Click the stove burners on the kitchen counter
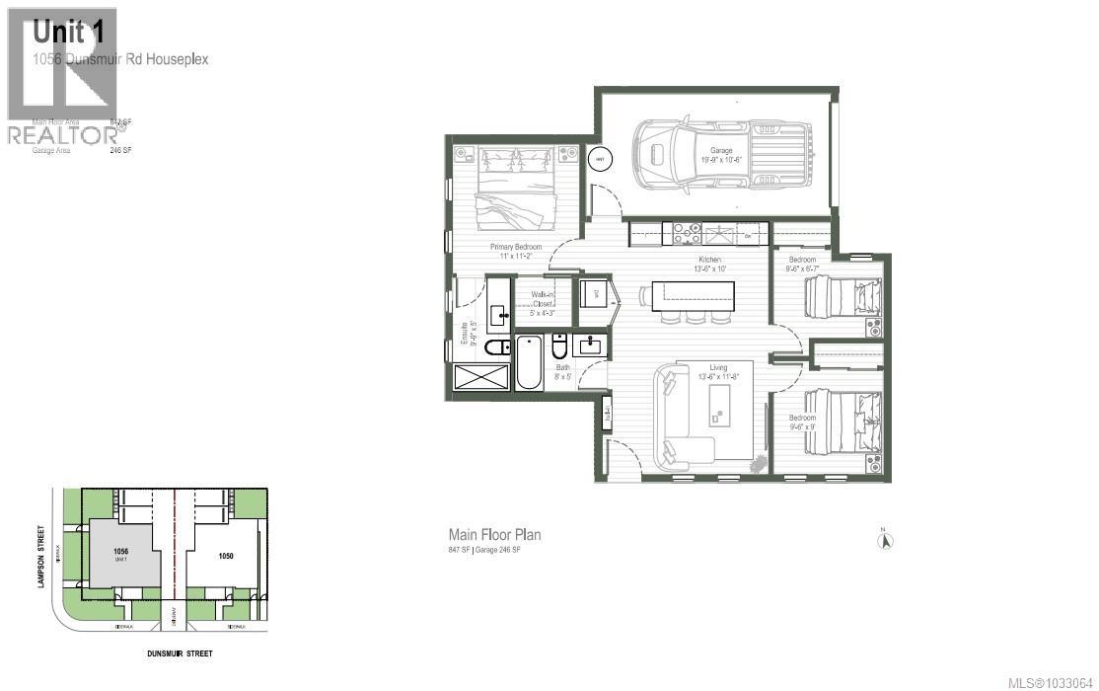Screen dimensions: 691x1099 [687, 234]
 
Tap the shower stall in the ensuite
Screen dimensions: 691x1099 [482, 378]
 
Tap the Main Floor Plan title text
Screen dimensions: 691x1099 [494, 534]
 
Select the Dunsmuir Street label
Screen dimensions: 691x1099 [174, 653]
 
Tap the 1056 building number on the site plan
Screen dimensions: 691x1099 [121, 552]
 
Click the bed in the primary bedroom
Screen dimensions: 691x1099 [515, 188]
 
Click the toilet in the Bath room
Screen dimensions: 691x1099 [559, 347]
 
